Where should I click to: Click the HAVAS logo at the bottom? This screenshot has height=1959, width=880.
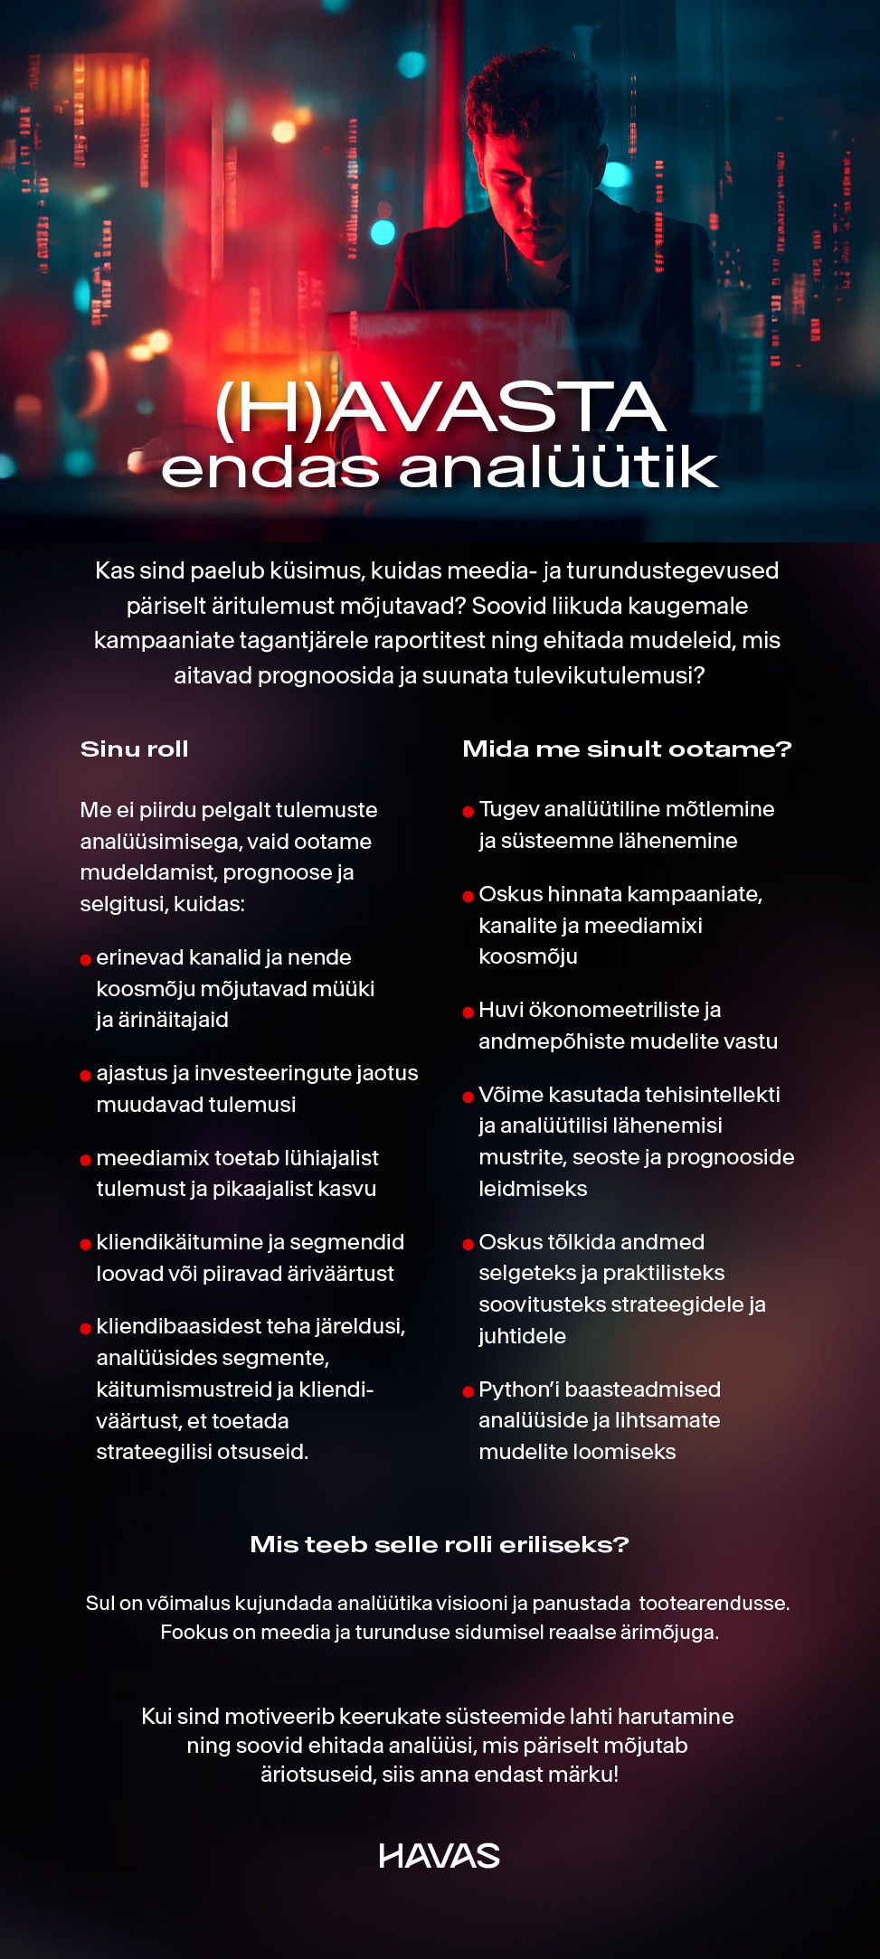439,1856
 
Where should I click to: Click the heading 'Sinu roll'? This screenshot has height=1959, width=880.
134,749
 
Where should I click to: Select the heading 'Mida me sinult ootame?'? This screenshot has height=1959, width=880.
627,749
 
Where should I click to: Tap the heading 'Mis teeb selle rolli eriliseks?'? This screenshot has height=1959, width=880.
439,1544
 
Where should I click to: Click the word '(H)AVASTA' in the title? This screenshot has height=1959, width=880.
440,409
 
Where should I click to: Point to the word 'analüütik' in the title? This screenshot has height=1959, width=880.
558,467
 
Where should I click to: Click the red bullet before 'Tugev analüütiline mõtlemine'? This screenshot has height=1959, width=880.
468,811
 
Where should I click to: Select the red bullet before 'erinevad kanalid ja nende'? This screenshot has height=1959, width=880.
86,959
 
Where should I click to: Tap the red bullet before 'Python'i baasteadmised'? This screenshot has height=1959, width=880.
468,1391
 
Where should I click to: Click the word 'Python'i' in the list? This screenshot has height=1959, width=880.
518,1389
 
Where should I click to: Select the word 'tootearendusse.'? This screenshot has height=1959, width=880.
714,1603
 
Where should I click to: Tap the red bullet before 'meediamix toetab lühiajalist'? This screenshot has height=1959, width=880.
86,1160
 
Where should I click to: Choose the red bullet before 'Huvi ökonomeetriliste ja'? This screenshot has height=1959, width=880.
468,1012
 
